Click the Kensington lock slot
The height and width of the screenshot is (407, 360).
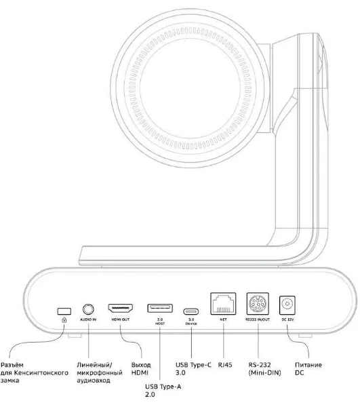(x=64, y=311)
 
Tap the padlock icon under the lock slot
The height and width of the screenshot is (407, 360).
(x=64, y=320)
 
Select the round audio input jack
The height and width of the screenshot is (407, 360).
(x=88, y=309)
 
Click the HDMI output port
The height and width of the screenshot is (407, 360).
(x=121, y=308)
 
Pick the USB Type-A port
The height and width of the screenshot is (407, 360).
(x=160, y=308)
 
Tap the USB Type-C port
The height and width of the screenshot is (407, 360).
(x=191, y=311)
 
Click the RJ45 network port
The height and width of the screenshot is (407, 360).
(x=223, y=303)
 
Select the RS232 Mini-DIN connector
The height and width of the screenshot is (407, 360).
(x=258, y=303)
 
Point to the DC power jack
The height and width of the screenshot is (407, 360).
(x=287, y=305)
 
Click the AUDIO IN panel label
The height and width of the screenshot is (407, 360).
(x=88, y=319)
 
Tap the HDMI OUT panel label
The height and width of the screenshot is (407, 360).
(x=121, y=319)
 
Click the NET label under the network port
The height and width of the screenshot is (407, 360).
(x=223, y=319)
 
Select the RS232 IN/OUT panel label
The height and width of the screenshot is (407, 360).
(x=258, y=319)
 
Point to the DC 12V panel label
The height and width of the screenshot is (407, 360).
(x=287, y=319)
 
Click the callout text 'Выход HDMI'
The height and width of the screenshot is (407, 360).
(x=141, y=368)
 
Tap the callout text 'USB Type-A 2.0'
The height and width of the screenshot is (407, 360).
(x=163, y=391)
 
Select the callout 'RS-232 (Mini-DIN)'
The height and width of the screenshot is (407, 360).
(x=264, y=368)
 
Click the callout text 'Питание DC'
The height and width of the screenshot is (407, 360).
(x=308, y=368)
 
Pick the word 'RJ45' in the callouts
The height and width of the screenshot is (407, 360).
(x=225, y=365)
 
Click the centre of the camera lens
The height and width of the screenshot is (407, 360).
(x=190, y=88)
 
